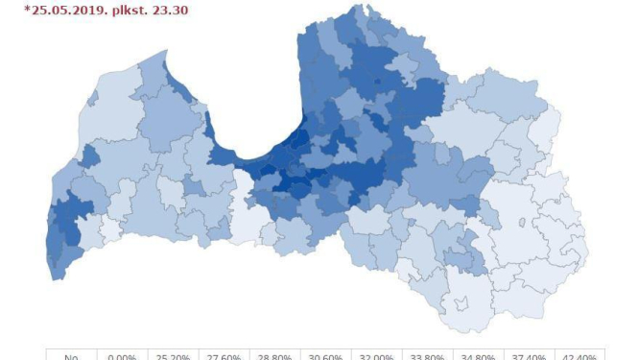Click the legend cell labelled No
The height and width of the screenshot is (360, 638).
click(x=71, y=356)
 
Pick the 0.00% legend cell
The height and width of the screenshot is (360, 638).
click(x=121, y=356)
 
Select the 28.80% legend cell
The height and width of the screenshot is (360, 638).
click(x=274, y=356)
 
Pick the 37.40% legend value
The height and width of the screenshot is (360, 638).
click(x=530, y=356)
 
